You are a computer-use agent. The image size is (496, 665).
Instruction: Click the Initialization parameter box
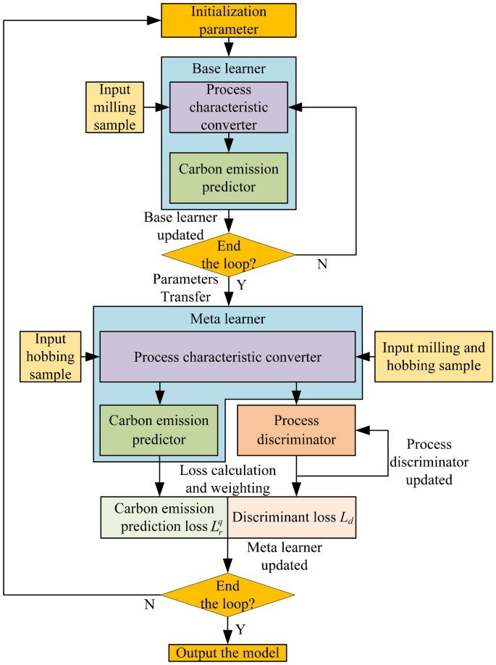(x=228, y=20)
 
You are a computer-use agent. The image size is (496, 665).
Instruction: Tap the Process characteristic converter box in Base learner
(x=228, y=107)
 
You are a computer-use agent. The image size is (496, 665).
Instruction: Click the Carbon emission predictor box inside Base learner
(x=228, y=178)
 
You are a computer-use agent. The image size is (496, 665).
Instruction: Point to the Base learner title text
(x=228, y=69)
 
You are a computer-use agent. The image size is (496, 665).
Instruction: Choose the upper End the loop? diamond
(x=228, y=255)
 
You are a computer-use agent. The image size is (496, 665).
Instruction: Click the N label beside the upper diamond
(x=322, y=264)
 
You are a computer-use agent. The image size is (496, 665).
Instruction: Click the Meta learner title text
(x=228, y=318)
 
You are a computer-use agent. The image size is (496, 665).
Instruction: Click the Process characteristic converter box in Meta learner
(x=227, y=356)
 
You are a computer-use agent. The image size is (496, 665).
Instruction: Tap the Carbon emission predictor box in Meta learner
(x=159, y=430)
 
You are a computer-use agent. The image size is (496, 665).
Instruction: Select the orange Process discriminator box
(x=296, y=430)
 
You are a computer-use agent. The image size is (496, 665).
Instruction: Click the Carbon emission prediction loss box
(x=164, y=517)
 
